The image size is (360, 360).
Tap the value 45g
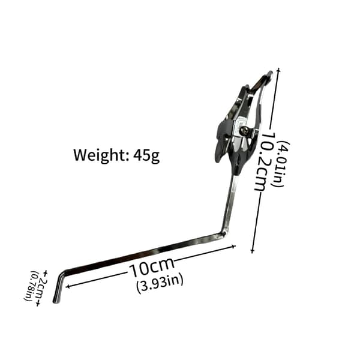click(x=146, y=155)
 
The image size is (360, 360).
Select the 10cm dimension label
click(x=152, y=267)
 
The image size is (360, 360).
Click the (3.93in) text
click(x=160, y=283)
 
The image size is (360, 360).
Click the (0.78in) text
click(x=31, y=286)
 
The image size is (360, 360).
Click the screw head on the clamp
click(x=244, y=131)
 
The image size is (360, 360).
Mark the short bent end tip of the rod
click(x=56, y=301)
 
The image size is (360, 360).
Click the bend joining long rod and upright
click(x=224, y=233)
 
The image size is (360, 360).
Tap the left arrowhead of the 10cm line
click(x=67, y=286)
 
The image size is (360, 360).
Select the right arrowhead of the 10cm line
click(x=234, y=247)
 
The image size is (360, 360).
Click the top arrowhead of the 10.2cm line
click(x=279, y=70)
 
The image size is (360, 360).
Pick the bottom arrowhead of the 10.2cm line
click(x=253, y=251)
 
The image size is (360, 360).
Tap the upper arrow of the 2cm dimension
click(x=45, y=273)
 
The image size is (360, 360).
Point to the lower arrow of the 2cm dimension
click(x=38, y=304)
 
